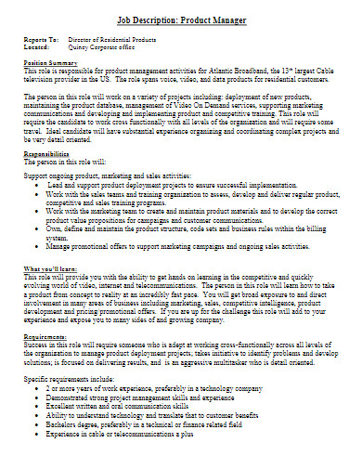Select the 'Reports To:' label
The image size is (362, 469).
[42, 40]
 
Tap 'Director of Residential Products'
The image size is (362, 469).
[122, 40]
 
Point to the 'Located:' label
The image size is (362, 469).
[37, 48]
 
